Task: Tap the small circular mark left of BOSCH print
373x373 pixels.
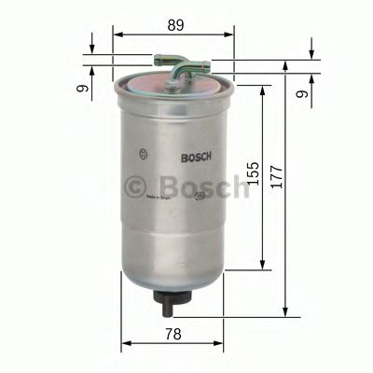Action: click(141, 154)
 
